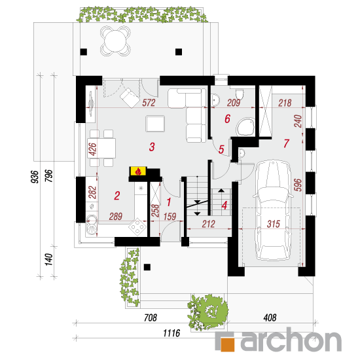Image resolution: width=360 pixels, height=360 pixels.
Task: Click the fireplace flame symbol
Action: [138, 171]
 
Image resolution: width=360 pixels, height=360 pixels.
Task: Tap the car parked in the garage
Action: [273, 210]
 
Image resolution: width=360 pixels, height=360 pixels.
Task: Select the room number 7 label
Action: [286, 143]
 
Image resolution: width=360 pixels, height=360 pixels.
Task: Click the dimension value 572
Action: [149, 103]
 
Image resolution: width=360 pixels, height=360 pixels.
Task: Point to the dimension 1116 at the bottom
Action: [171, 333]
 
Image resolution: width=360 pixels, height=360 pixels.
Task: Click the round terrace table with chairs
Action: [115, 41]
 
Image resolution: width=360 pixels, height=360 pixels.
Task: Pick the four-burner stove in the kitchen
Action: [137, 227]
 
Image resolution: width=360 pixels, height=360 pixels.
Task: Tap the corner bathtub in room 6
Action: [245, 126]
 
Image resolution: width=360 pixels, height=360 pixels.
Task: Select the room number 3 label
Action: [152, 147]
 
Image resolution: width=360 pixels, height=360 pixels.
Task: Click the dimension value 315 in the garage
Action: [274, 224]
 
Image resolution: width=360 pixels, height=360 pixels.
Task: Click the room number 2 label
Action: [117, 196]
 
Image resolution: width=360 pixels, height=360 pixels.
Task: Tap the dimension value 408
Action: [270, 317]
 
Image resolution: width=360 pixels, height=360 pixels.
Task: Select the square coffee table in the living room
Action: [155, 124]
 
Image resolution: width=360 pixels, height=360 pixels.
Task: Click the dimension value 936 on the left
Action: [35, 177]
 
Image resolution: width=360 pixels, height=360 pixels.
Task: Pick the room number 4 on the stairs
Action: [225, 206]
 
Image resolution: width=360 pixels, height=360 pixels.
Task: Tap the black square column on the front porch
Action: [147, 267]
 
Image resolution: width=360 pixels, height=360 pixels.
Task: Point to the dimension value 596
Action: [298, 185]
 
